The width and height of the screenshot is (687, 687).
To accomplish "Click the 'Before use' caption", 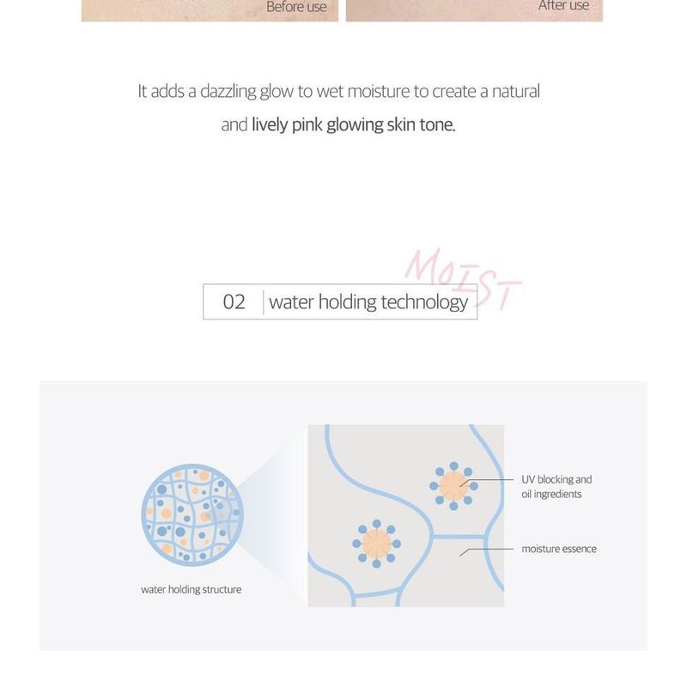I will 296,7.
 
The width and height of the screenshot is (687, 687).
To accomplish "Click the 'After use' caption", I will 563,6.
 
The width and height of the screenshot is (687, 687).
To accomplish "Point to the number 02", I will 234,302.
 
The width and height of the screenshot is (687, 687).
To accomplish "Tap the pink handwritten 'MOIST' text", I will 461,279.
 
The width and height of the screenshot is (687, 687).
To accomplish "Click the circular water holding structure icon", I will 194,514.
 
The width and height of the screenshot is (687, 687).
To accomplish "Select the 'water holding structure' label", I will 191,590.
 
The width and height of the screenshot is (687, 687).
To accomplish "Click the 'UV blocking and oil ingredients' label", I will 556,487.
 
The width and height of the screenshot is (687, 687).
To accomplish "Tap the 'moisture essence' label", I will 559,549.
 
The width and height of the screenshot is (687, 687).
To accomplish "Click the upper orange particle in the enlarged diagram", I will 452,486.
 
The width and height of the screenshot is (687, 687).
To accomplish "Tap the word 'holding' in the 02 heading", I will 348,302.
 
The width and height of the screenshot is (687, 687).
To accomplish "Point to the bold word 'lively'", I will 270,125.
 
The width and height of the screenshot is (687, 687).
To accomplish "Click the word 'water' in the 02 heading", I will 291,302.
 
